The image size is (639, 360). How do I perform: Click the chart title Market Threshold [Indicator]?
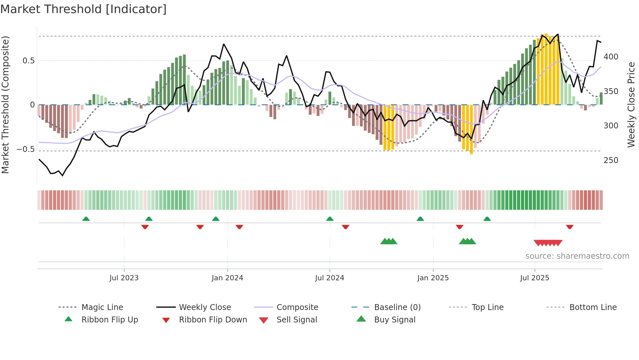[83, 9]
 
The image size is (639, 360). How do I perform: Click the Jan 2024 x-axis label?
[227, 278]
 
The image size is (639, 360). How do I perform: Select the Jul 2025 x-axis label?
[534, 278]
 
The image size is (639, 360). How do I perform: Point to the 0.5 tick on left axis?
[28, 61]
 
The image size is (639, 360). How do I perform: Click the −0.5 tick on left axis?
[26, 149]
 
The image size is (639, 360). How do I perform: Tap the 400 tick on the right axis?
[611, 57]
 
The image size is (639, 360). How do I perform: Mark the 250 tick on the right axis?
[611, 160]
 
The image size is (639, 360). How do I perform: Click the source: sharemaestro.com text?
[577, 256]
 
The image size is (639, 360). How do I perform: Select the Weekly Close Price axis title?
[631, 105]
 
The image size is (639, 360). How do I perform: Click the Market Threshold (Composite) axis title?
[6, 105]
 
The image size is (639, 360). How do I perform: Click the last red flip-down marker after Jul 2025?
[570, 227]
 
